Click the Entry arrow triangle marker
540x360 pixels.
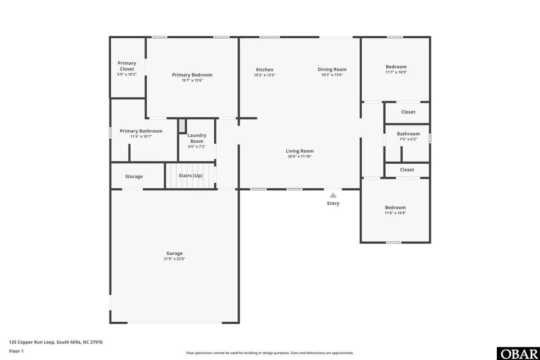(333, 195)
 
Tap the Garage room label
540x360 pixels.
(174, 253)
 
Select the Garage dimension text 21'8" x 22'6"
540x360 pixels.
(174, 259)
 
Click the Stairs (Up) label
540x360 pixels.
(191, 175)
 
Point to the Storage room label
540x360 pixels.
(134, 177)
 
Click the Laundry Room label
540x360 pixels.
(197, 138)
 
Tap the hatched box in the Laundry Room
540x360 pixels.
(182, 126)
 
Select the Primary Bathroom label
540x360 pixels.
(141, 131)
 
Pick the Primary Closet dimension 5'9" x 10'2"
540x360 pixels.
(126, 75)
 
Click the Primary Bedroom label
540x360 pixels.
(192, 75)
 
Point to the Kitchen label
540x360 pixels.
(265, 69)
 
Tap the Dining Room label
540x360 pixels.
(332, 69)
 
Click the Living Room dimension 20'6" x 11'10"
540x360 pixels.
(299, 157)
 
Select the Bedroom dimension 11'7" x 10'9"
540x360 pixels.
(396, 72)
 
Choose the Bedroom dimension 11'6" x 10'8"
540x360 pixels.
(395, 213)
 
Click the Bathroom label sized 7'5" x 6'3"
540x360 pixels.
(408, 134)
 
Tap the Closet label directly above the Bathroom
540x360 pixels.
(408, 112)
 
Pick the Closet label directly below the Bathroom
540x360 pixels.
(407, 170)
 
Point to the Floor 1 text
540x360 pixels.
(16, 351)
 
